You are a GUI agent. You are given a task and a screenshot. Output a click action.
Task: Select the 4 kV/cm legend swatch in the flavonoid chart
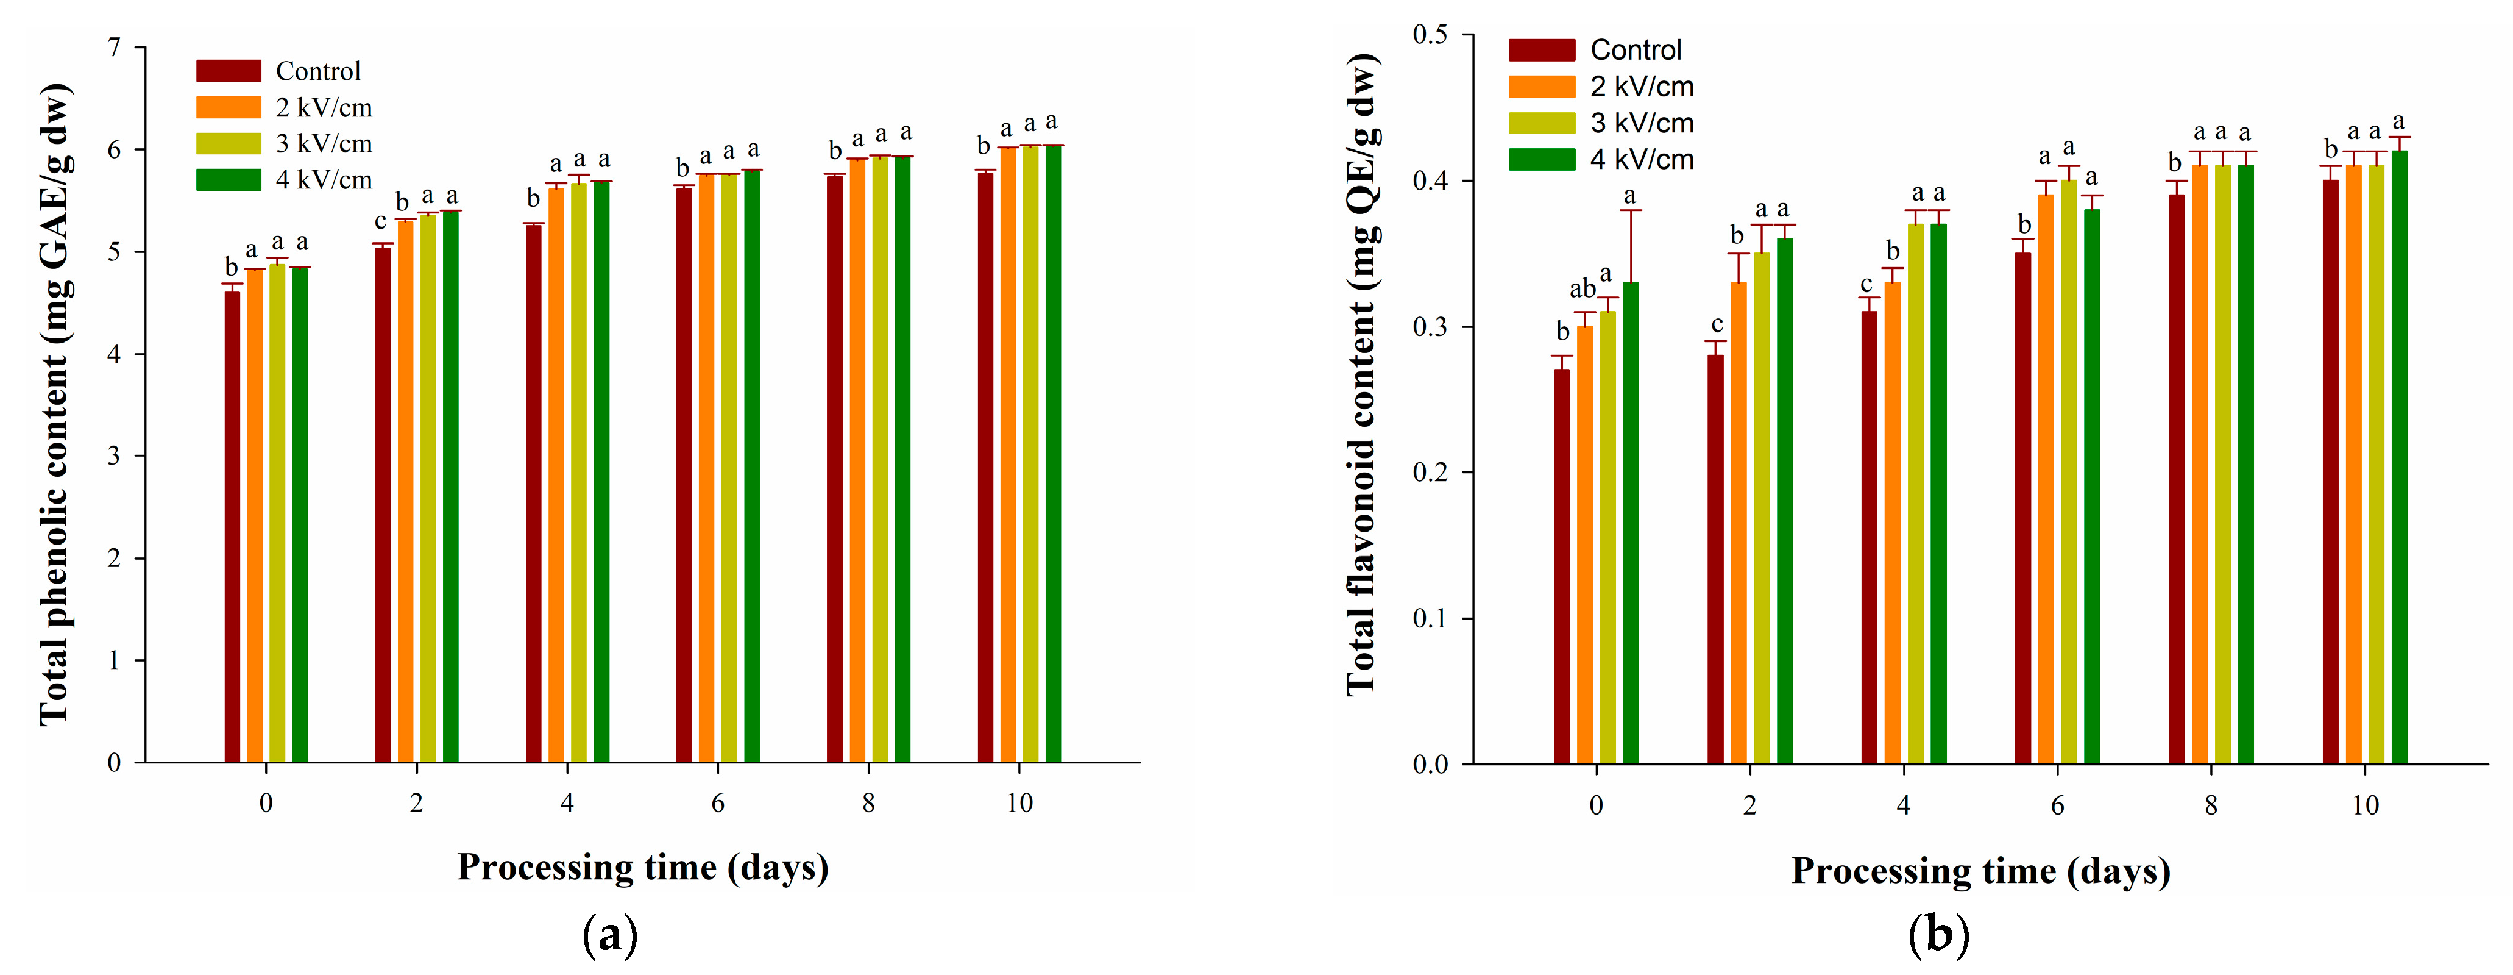click(x=1541, y=159)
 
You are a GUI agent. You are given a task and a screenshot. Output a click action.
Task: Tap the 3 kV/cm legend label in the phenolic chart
click(x=324, y=143)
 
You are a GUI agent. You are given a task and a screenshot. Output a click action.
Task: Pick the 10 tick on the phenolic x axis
click(x=1019, y=803)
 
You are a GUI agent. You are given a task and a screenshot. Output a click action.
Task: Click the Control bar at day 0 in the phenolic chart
click(x=232, y=527)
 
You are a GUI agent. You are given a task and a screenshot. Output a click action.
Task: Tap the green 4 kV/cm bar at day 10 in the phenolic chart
click(x=1054, y=454)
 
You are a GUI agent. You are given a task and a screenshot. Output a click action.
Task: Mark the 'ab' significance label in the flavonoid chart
click(x=1583, y=290)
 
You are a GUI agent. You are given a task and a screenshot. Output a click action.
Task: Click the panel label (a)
click(x=611, y=935)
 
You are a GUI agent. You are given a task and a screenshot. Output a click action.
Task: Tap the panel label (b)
click(x=1938, y=935)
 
